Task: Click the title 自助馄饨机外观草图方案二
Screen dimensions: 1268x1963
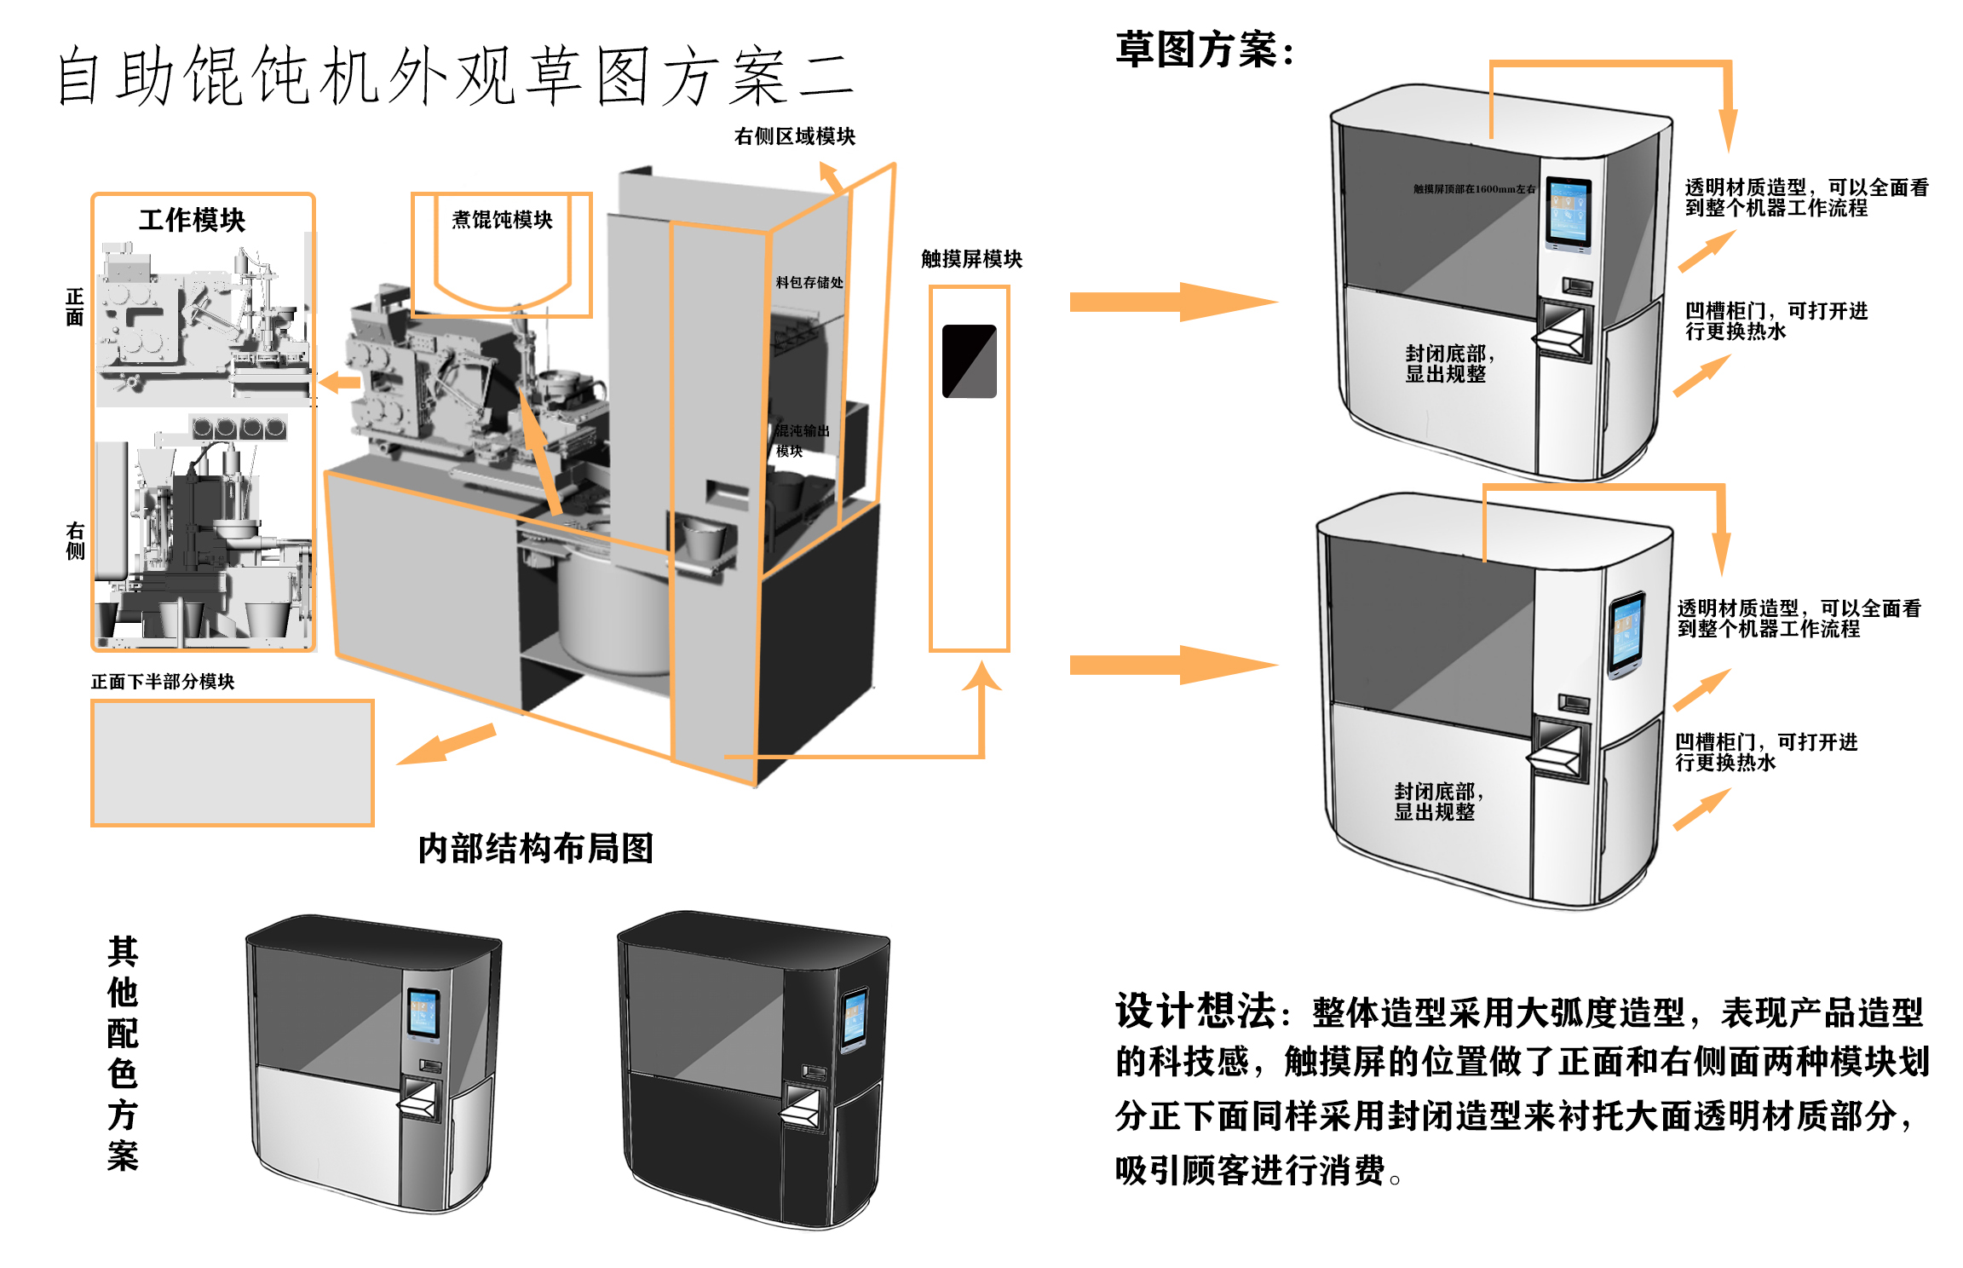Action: (x=455, y=77)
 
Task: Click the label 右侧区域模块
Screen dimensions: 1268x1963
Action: (x=794, y=136)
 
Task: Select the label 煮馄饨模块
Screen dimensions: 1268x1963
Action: (x=502, y=220)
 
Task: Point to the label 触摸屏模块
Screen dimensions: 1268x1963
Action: (x=971, y=259)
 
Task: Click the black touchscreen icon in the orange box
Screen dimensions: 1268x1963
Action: (x=970, y=361)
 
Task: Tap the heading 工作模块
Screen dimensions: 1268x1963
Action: (x=192, y=220)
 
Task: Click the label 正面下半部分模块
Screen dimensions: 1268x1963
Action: (x=163, y=682)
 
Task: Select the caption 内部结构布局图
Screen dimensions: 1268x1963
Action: (x=535, y=849)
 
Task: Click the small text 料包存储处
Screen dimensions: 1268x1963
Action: (x=809, y=282)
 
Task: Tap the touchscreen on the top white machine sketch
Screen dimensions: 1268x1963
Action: (x=1569, y=212)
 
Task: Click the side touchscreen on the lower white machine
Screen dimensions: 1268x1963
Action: (x=1626, y=632)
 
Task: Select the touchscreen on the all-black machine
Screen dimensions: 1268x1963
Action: (x=855, y=1017)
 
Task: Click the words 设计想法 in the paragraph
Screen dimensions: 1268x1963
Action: (x=1194, y=1012)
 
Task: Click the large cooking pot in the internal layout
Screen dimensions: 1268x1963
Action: (x=613, y=614)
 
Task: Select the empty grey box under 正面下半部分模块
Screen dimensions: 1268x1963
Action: (x=233, y=764)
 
